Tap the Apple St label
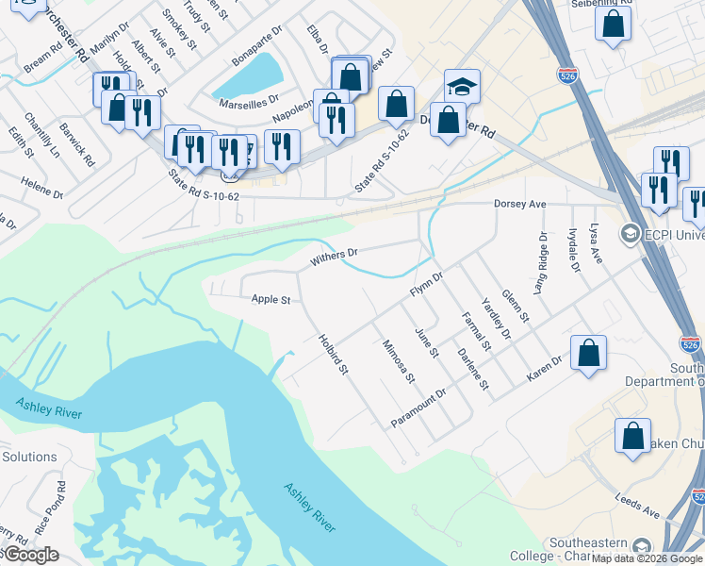(x=271, y=300)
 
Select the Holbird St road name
(x=334, y=353)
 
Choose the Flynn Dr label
(x=426, y=283)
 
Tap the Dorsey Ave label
(x=520, y=204)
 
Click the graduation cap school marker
(x=462, y=87)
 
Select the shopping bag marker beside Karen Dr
(x=588, y=355)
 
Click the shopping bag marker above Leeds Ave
(x=632, y=437)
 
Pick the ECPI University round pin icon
(x=629, y=232)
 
